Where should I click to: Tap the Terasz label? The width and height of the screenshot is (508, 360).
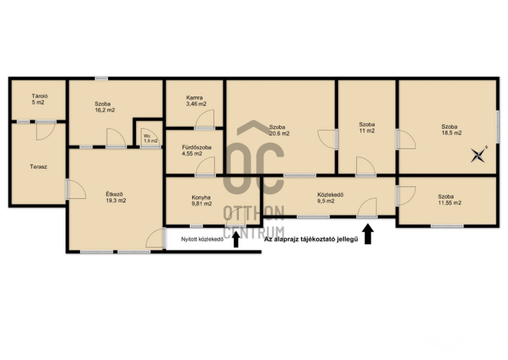pyautogui.click(x=39, y=167)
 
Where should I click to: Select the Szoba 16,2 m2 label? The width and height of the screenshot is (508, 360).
pyautogui.click(x=104, y=107)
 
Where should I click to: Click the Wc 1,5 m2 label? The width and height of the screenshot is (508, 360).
pyautogui.click(x=150, y=138)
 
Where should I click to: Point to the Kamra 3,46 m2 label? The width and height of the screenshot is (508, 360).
pyautogui.click(x=196, y=101)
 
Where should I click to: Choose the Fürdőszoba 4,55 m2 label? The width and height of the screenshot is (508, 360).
pyautogui.click(x=196, y=150)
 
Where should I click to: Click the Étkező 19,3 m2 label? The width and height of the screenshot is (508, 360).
pyautogui.click(x=116, y=197)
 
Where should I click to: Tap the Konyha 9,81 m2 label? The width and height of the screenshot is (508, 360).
pyautogui.click(x=201, y=200)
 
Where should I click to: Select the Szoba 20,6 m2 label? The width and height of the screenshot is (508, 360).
pyautogui.click(x=279, y=130)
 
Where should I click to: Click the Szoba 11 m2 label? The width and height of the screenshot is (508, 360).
pyautogui.click(x=367, y=127)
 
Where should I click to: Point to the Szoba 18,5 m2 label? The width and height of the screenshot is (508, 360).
pyautogui.click(x=451, y=130)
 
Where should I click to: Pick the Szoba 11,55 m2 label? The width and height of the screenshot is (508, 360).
pyautogui.click(x=450, y=199)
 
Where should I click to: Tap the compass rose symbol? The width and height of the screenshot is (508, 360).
pyautogui.click(x=479, y=154)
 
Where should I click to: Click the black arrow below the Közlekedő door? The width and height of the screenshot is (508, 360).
pyautogui.click(x=368, y=233)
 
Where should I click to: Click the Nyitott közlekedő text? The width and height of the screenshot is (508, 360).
pyautogui.click(x=202, y=240)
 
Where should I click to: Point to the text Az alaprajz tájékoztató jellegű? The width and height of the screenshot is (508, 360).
pyautogui.click(x=311, y=240)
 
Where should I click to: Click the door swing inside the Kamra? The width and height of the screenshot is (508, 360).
pyautogui.click(x=205, y=119)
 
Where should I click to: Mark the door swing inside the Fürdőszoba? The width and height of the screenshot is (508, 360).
pyautogui.click(x=205, y=166)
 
